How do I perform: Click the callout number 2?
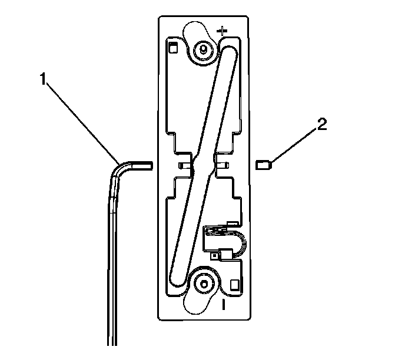[322, 124]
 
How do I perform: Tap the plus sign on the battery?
[223, 31]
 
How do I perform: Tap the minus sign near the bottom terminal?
[223, 305]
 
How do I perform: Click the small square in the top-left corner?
[173, 48]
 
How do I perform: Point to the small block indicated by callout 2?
[263, 165]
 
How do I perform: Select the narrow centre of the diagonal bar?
[202, 165]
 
